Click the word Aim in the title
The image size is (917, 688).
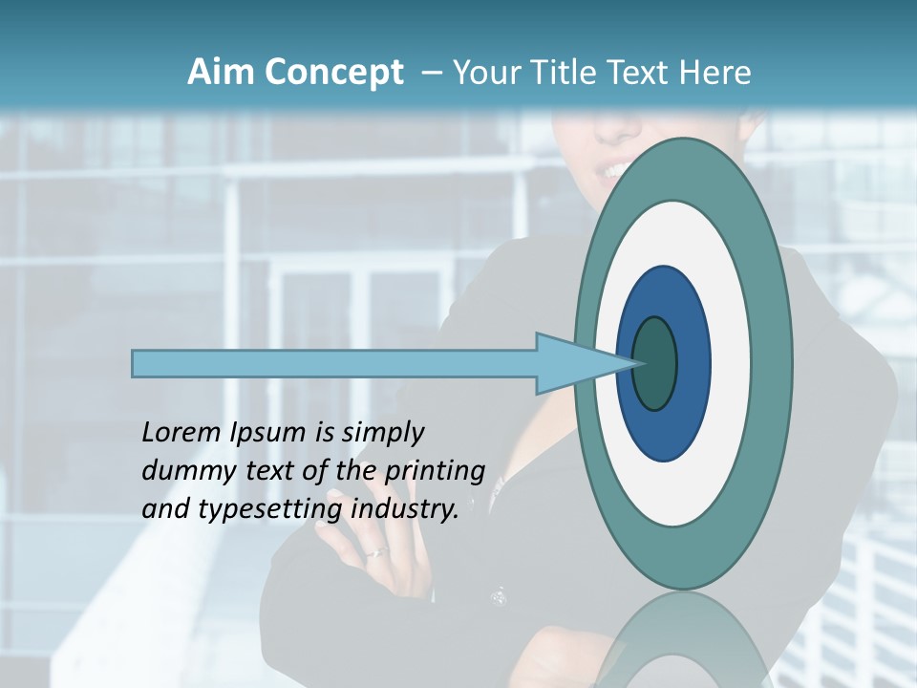coord(221,73)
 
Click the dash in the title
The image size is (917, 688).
coord(431,74)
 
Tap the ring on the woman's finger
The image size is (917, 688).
coord(378,552)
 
